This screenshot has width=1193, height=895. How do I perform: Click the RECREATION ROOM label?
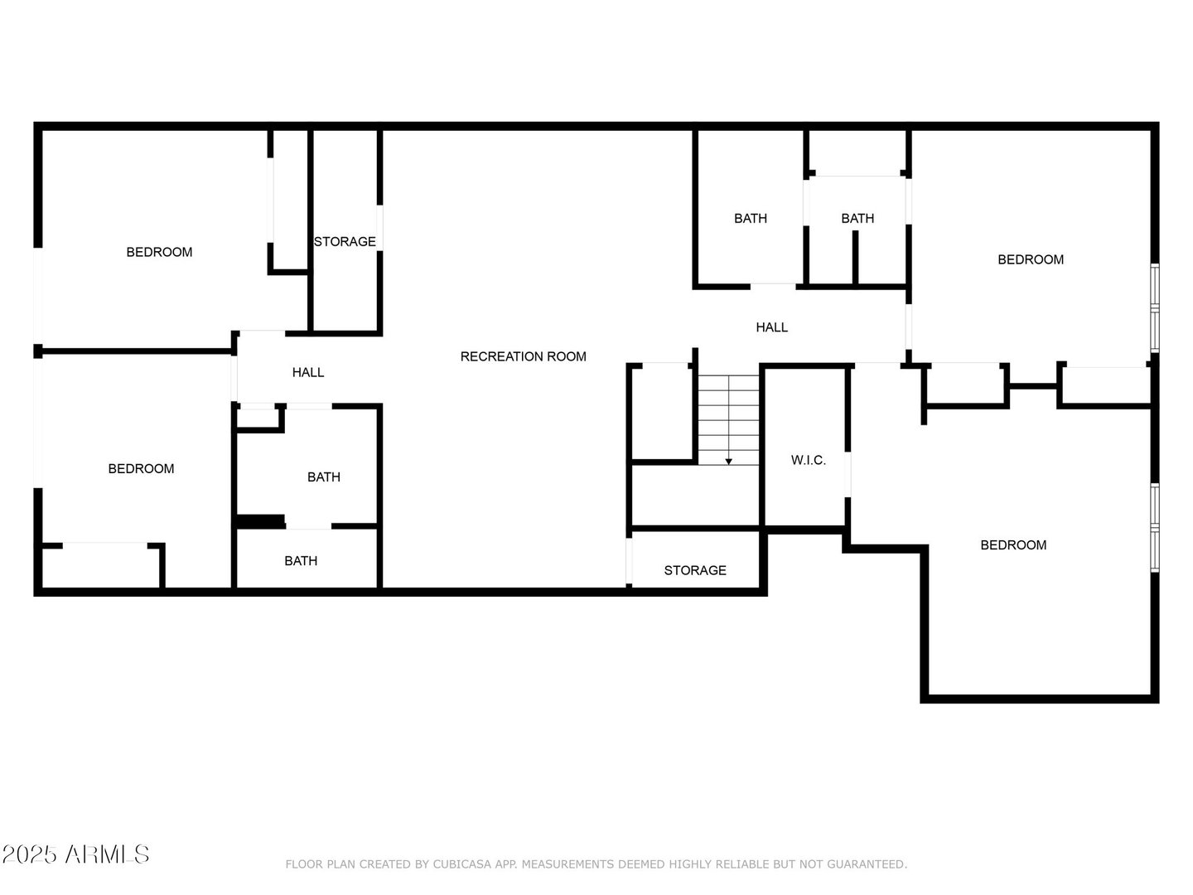pyautogui.click(x=523, y=356)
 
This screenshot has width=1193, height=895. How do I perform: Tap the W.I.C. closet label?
pyautogui.click(x=809, y=460)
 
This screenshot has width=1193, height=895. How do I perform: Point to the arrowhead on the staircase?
pyautogui.click(x=728, y=462)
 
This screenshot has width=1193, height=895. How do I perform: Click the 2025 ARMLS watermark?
pyautogui.click(x=75, y=854)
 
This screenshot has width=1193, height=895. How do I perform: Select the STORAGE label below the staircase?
pyautogui.click(x=694, y=570)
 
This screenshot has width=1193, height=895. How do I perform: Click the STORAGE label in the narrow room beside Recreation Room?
pyautogui.click(x=345, y=241)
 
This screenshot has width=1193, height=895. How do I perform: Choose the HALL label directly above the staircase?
pyautogui.click(x=772, y=327)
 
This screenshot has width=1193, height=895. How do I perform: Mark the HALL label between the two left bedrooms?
pyautogui.click(x=307, y=372)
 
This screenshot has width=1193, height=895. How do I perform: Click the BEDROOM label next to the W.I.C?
pyautogui.click(x=1013, y=545)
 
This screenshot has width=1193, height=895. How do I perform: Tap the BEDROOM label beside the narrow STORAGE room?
pyautogui.click(x=159, y=252)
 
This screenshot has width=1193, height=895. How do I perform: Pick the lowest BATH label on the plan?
pyautogui.click(x=301, y=561)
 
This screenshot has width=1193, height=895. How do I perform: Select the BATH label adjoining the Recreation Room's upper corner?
pyautogui.click(x=750, y=219)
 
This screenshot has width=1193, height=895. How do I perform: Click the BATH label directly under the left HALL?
pyautogui.click(x=323, y=477)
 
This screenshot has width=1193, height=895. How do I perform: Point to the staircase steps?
pyautogui.click(x=728, y=420)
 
